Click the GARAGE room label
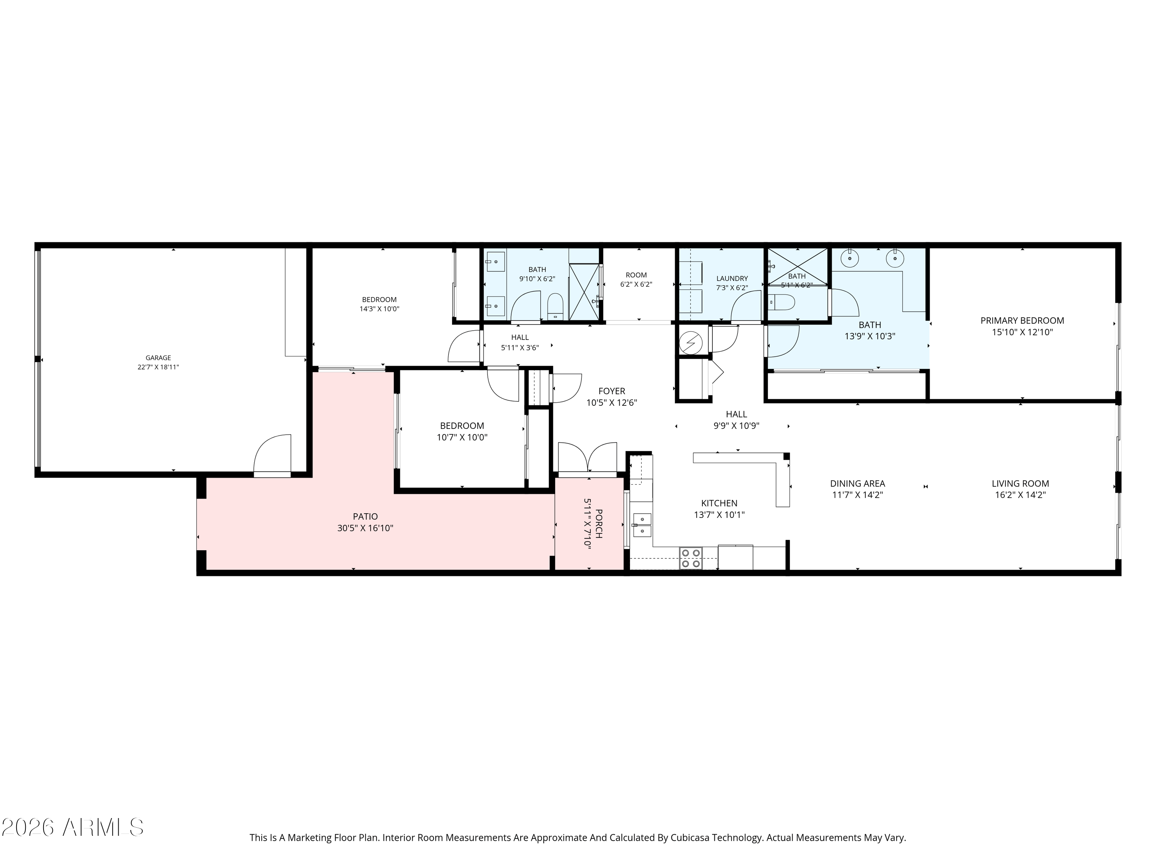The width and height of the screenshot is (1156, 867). (158, 358)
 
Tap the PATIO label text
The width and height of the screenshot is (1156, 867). (365, 517)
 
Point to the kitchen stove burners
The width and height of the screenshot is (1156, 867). (691, 558)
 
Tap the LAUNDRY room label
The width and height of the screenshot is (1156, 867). (732, 279)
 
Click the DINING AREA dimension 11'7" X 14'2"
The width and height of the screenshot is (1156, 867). (858, 495)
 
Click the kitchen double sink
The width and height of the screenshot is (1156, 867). (642, 525)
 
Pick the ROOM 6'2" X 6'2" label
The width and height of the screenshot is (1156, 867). (636, 280)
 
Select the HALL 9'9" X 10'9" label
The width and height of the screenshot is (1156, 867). (736, 420)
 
